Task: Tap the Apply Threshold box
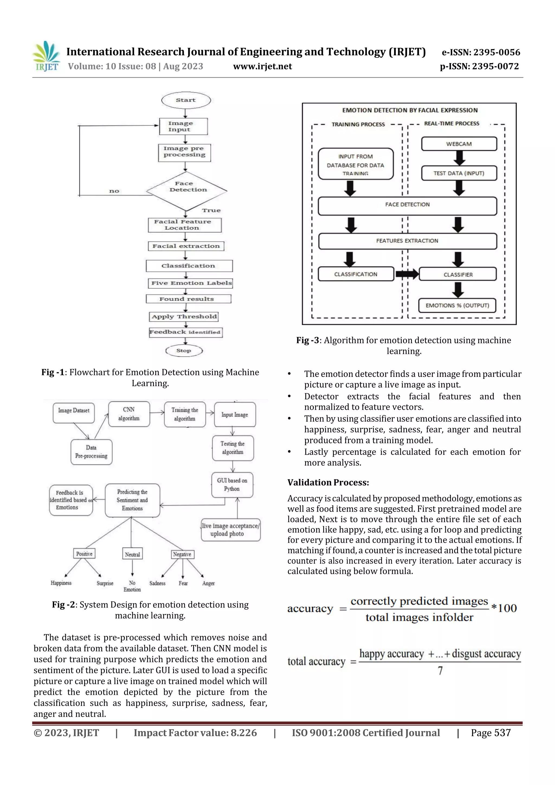[184, 316]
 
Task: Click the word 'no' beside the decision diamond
[114, 191]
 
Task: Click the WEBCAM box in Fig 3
[459, 144]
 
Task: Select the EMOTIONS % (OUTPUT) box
[457, 305]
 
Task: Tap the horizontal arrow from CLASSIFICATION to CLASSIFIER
[406, 274]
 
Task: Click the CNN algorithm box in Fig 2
[129, 414]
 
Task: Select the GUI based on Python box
[232, 485]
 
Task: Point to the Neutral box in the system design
[132, 554]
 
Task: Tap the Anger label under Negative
[208, 583]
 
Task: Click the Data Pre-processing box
[91, 452]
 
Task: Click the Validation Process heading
[328, 482]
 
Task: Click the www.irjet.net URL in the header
[262, 66]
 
